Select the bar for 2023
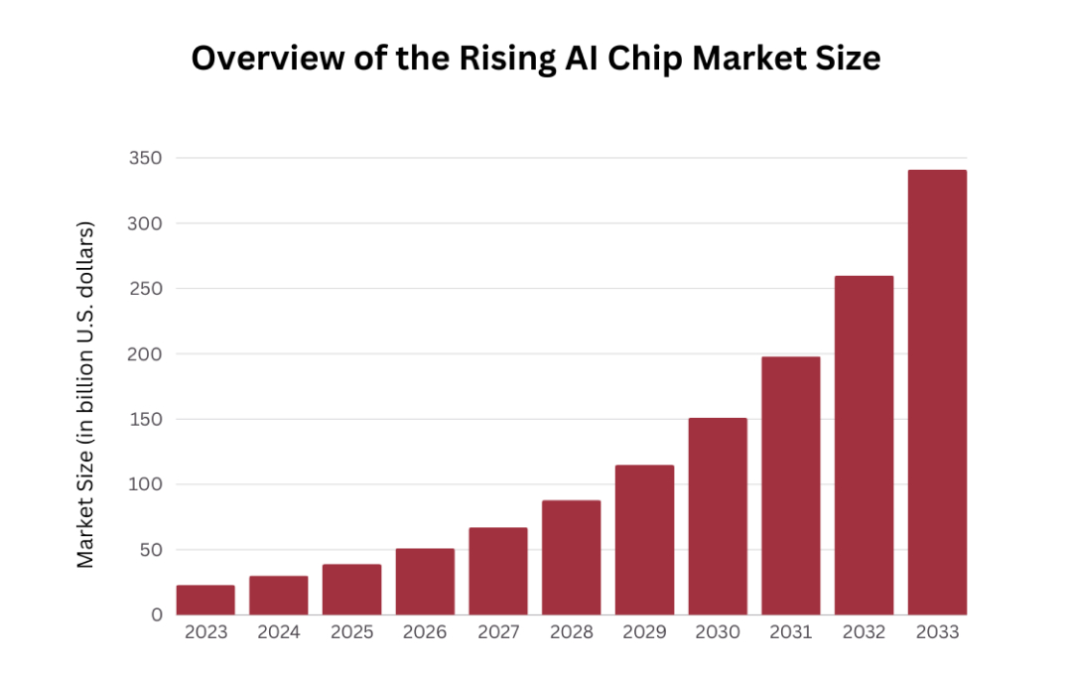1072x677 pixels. [x=205, y=600]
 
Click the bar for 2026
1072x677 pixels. [x=425, y=582]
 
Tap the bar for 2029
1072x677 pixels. [x=644, y=540]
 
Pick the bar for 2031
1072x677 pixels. [x=790, y=485]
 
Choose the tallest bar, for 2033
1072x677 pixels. [x=937, y=392]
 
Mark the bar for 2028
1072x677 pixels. [x=571, y=557]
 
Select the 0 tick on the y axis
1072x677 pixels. [x=156, y=615]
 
